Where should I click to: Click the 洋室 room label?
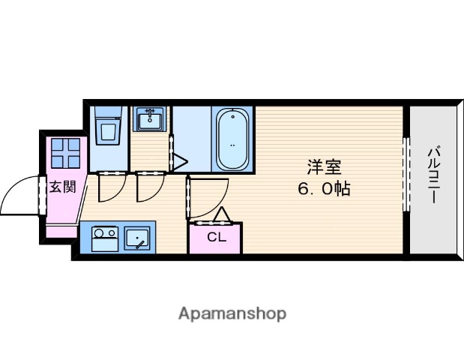coord(325,167)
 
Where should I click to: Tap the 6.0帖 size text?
coord(324,189)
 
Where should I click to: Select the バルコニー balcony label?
coord(433,175)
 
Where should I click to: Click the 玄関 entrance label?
coord(63,187)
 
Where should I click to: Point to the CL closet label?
coord(217,237)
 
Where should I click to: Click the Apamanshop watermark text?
coord(232,314)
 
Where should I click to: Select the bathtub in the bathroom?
coord(233,139)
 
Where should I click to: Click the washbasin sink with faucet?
coord(150,118)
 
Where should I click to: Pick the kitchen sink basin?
coord(137,239)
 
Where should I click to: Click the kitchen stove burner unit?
coord(105,239)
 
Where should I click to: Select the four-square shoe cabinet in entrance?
coord(66,153)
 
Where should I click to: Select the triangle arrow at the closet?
coord(222,215)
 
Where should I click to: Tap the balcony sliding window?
coord(406,174)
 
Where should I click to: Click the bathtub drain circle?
coord(233,117)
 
